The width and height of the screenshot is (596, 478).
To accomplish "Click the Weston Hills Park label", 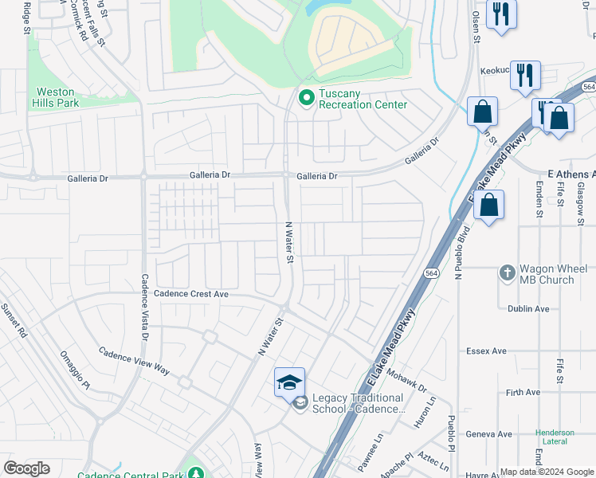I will pos(56,97).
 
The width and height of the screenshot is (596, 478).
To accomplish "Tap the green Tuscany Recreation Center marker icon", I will pos(305,98).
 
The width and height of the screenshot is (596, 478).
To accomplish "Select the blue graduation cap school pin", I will pos(289,382).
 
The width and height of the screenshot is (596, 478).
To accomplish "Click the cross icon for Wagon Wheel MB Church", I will pos(507,274).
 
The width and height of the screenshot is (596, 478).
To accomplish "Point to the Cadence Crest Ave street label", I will pos(190,294).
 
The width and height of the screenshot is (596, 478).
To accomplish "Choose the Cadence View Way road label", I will pos(134,361).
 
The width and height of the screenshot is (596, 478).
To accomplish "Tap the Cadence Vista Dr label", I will pos(144,307).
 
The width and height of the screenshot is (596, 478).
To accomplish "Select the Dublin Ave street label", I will pos(528,308).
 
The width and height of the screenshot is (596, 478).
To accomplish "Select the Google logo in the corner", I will pos(26,468).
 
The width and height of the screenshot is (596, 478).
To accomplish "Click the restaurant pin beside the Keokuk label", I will pos(525,76).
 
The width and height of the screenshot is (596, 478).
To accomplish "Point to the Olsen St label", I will pos(476,26).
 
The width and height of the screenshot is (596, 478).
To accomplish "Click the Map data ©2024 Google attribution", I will pos(547,472).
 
